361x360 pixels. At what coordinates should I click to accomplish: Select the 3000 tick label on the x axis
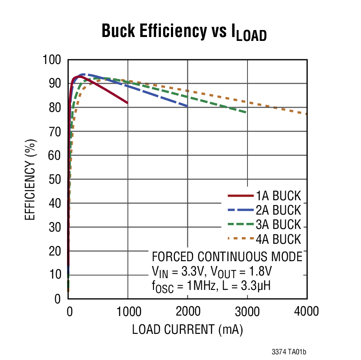[247, 312]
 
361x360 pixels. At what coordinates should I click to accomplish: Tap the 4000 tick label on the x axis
[306, 312]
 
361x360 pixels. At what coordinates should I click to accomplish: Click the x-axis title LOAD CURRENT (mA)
[187, 330]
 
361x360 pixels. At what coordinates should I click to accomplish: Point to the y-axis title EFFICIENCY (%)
[30, 179]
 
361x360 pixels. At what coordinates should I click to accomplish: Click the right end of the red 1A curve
[127, 103]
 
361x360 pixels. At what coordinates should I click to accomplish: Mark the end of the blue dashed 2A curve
[187, 106]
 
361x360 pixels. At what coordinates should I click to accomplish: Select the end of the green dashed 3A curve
[247, 112]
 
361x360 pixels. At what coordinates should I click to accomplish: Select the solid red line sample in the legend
[241, 196]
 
